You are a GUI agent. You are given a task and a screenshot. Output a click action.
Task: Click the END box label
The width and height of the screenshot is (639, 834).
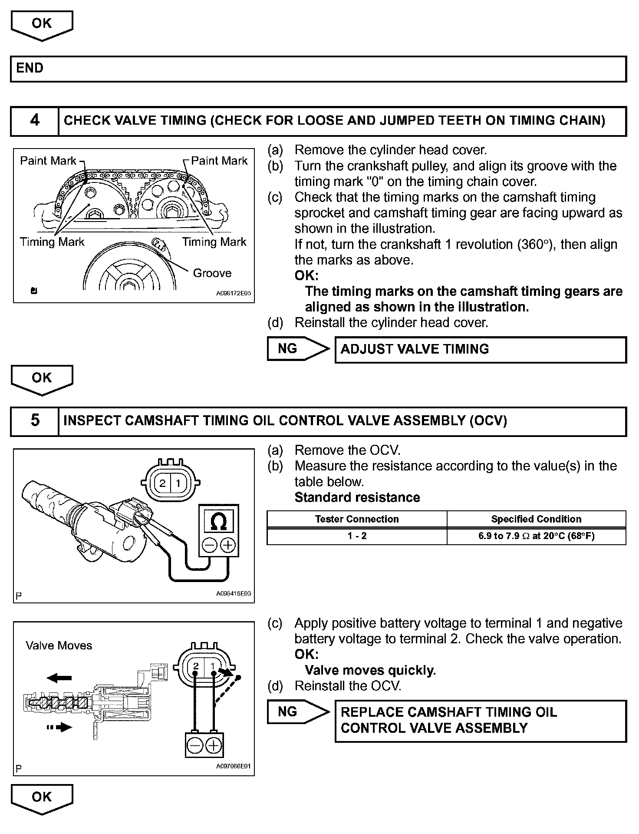click(x=30, y=68)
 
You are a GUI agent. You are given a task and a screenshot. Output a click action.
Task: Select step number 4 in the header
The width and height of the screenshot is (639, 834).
click(x=35, y=120)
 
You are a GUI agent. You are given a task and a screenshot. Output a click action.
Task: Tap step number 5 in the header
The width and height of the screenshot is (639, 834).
click(x=35, y=420)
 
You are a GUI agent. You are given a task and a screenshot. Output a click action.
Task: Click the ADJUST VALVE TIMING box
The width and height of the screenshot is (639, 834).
click(x=481, y=349)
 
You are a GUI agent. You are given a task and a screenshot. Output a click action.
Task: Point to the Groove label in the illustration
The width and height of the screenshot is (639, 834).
click(x=212, y=273)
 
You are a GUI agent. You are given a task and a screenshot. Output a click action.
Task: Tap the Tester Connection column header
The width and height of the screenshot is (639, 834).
click(x=356, y=519)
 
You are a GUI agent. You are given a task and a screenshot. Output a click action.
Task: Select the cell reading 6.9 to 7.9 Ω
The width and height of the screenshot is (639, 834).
click(x=536, y=536)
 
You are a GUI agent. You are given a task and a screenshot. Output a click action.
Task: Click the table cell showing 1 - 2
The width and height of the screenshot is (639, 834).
click(x=356, y=536)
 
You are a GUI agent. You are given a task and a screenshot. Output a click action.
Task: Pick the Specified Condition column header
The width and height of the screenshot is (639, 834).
click(x=536, y=519)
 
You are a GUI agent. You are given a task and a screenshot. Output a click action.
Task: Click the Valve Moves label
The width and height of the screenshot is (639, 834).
click(x=59, y=645)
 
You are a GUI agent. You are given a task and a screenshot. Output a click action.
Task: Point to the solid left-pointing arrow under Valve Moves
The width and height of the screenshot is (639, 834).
click(x=59, y=678)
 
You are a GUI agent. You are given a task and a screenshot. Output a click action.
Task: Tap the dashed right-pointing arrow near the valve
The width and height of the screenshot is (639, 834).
click(x=59, y=727)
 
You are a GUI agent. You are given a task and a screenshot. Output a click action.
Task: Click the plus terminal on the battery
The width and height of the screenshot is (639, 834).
click(x=214, y=746)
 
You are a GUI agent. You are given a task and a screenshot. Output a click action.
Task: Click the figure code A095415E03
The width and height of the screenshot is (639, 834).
click(x=234, y=594)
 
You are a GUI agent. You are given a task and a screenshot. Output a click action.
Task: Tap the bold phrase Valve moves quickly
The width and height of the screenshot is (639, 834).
click(x=370, y=670)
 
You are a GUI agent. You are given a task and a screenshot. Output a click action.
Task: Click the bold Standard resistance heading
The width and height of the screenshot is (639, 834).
click(x=357, y=497)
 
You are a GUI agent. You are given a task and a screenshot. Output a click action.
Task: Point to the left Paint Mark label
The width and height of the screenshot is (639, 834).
click(x=48, y=161)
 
